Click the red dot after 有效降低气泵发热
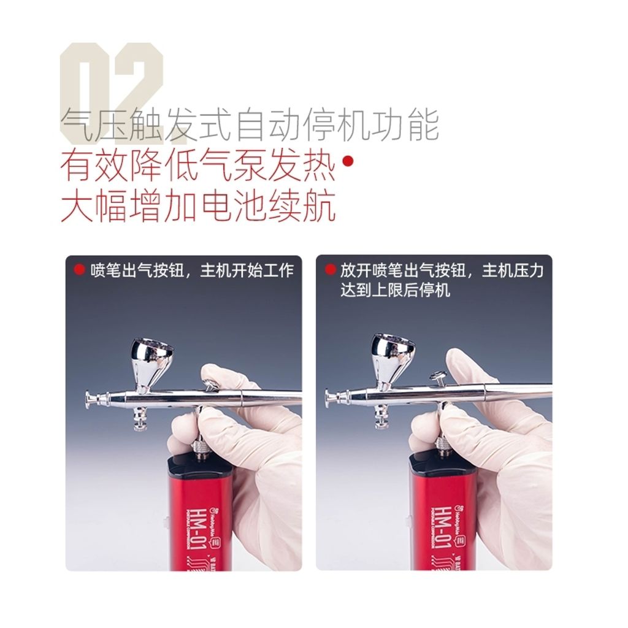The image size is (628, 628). click(348, 162)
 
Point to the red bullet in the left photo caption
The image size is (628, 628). click(78, 269)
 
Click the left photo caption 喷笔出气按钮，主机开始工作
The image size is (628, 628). click(192, 270)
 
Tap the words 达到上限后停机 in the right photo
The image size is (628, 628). click(396, 289)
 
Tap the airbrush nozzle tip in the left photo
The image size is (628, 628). click(90, 398)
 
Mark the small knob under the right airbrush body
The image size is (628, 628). click(380, 421)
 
